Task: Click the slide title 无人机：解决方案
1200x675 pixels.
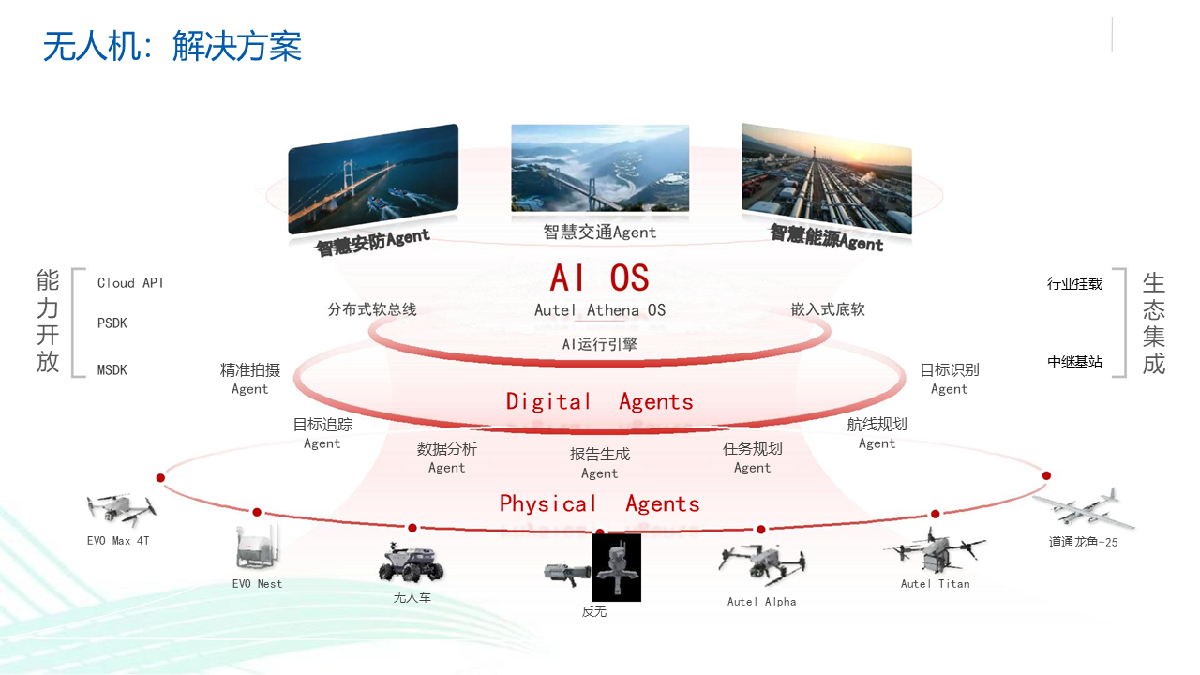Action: point(172,46)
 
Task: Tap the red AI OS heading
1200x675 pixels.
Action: point(599,277)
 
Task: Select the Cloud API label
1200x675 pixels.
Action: point(130,283)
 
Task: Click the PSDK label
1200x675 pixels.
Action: point(112,323)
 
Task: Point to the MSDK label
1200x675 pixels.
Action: point(112,369)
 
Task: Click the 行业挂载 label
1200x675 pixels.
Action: point(1074,283)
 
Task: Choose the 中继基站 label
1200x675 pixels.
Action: point(1074,362)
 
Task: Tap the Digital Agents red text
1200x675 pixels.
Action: point(599,402)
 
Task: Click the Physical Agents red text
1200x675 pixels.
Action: point(599,503)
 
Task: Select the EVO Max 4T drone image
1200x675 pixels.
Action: point(121,510)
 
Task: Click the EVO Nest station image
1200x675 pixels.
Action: point(258,547)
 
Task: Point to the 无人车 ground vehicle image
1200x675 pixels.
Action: point(412,562)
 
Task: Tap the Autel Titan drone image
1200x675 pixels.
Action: point(935,550)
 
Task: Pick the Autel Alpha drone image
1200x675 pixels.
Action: point(761,565)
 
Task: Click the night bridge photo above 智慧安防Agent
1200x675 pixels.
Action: point(373,179)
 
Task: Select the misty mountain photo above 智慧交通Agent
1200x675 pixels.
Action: point(600,168)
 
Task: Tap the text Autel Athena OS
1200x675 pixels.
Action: point(599,310)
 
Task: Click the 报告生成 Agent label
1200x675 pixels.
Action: point(599,463)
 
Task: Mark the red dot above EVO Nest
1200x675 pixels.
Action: point(257,512)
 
